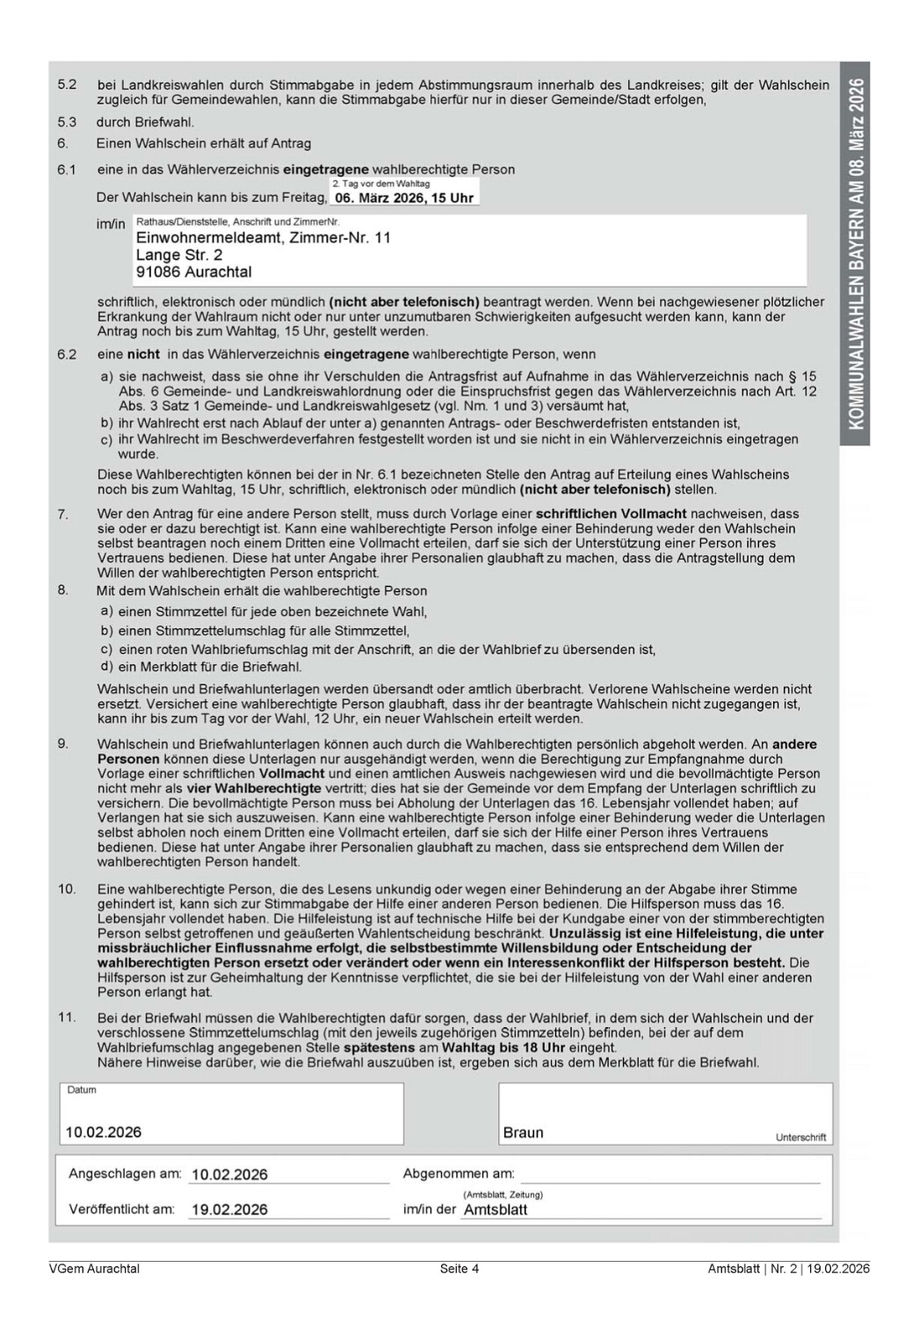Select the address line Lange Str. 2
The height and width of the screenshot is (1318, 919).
tap(179, 255)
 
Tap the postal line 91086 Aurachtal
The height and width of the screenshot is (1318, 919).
tap(193, 272)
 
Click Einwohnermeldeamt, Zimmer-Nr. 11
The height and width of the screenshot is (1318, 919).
tap(263, 237)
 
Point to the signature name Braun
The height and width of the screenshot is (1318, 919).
tap(523, 1133)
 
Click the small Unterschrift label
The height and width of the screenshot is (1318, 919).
tap(800, 1137)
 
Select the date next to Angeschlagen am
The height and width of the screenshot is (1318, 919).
tap(229, 1174)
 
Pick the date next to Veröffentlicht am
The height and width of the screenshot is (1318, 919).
tap(229, 1209)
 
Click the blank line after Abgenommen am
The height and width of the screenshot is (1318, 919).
tap(670, 1176)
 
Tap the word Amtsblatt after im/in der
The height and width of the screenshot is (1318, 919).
tap(496, 1209)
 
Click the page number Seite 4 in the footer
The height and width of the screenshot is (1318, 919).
tap(459, 1268)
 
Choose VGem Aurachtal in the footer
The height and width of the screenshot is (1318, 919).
tap(94, 1268)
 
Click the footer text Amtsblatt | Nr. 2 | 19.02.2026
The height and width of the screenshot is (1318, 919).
tap(788, 1268)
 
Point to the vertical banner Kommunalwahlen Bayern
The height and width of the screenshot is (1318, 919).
tap(856, 254)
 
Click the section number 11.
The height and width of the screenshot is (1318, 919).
tap(67, 1017)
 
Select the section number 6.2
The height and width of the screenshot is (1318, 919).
tap(67, 354)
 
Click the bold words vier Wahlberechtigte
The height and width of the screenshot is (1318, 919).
tap(254, 788)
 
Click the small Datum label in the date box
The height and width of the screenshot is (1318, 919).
tap(82, 1090)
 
